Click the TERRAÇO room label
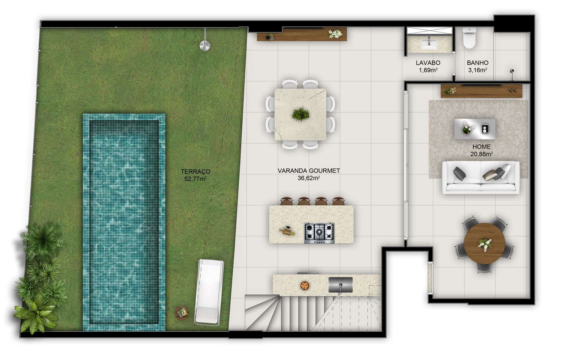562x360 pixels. coord(196,172)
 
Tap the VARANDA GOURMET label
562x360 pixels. coord(309,171)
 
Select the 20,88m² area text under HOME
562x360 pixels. coord(482,154)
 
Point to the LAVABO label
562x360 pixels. coord(428,63)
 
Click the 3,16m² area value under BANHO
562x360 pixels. coord(478,70)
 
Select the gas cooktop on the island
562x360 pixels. coord(319,233)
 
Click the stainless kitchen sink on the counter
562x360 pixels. coord(340,285)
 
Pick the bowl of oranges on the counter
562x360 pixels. coord(305,286)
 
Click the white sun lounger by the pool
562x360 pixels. coord(209,292)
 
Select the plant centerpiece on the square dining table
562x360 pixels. coord(300,114)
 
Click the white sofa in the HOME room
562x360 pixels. coord(481,177)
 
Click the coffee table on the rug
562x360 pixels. coord(475,129)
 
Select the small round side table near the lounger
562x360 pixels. coord(182,313)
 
